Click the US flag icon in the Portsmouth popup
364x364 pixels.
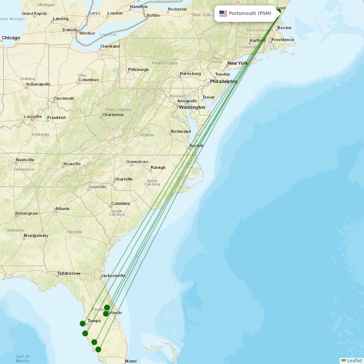coord(223,13)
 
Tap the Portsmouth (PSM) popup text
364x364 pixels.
coord(250,13)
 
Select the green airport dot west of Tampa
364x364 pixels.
coord(83,324)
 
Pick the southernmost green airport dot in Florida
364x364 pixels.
coord(98,349)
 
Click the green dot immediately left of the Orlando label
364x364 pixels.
coord(106,314)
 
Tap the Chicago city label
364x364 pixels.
coord(11,38)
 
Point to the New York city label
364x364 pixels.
coord(237,63)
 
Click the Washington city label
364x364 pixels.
coord(192,107)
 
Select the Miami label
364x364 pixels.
coord(131,361)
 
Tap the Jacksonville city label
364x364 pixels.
coord(114,276)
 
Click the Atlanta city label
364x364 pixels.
coord(62,209)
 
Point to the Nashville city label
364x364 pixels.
coord(25,160)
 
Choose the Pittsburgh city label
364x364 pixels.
coord(138,70)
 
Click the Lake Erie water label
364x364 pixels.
coord(108,34)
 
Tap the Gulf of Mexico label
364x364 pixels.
coord(23,359)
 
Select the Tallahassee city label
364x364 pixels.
coord(69,273)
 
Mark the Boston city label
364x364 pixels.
coord(284,28)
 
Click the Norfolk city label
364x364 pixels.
coord(197,146)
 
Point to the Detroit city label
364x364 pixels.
coord(70,30)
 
